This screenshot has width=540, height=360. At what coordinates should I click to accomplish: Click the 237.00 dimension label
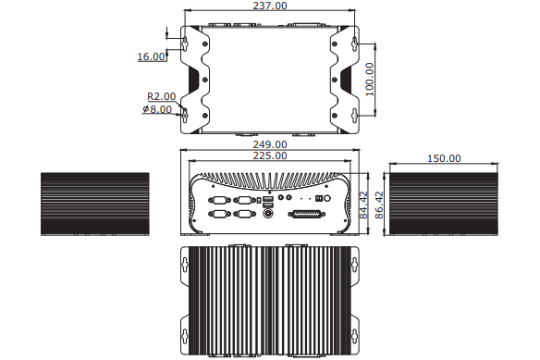coord(270,6)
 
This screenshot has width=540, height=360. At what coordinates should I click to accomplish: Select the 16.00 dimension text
coord(152,56)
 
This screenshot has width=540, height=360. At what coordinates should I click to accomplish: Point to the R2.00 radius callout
coord(161,96)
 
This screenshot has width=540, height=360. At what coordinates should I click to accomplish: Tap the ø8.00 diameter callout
coord(157,109)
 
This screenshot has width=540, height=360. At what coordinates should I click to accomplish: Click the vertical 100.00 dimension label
coord(369,80)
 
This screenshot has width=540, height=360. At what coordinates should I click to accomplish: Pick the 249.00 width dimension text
coord(270,144)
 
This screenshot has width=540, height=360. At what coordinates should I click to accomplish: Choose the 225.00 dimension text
coord(270,155)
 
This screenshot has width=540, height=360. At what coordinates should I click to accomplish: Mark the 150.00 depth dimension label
coord(444,158)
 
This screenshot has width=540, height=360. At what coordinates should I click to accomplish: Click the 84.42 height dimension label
coord(363,205)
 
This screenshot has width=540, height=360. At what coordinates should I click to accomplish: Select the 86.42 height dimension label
coord(379,205)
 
